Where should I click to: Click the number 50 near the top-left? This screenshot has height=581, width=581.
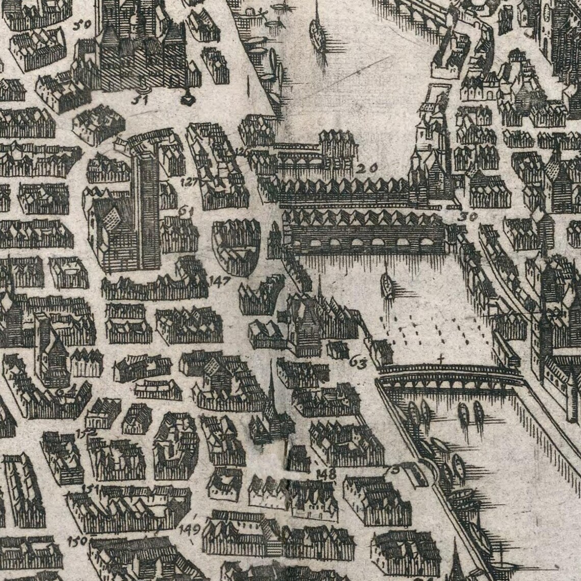81,23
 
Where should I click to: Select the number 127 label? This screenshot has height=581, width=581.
190,182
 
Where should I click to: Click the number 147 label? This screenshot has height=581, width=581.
220,280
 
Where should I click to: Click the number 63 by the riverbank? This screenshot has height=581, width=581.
358,363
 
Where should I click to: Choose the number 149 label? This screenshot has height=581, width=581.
190,529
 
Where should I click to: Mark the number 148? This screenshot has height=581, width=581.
326,473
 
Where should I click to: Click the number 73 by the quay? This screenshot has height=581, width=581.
393,468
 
